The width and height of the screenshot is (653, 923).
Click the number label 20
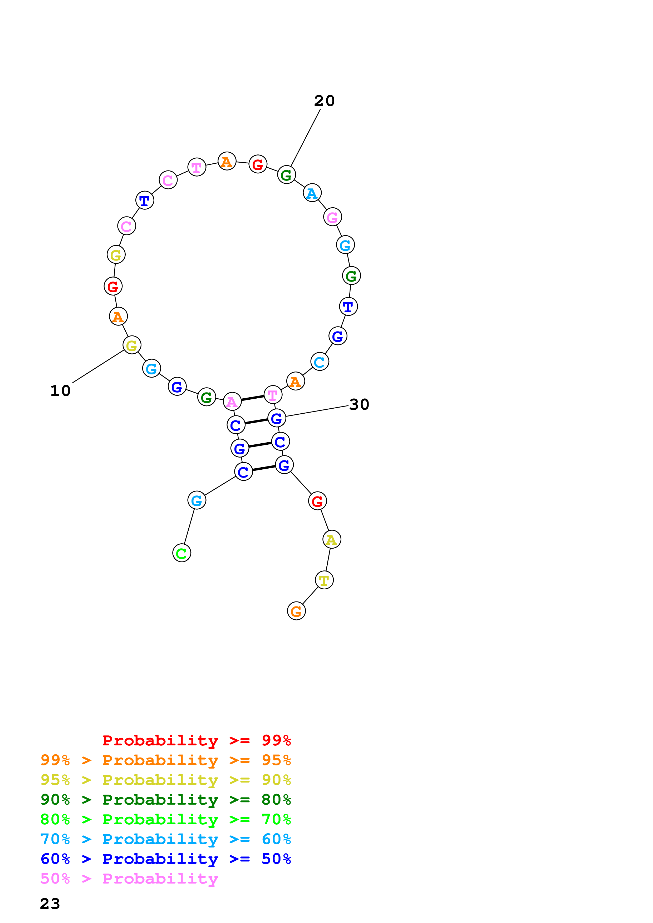click(x=324, y=101)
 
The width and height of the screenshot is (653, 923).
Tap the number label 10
click(x=60, y=391)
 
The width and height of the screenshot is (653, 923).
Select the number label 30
click(x=359, y=404)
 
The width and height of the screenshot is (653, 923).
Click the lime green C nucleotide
click(x=181, y=553)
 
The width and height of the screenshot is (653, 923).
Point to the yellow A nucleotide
click(x=332, y=539)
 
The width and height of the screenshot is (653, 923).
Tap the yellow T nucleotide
click(x=324, y=580)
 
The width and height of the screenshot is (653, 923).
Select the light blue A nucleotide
click(x=312, y=193)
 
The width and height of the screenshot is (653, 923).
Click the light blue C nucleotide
click(x=320, y=362)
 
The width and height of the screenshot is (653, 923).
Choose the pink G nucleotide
click(x=332, y=217)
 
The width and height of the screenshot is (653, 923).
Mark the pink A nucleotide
click(x=232, y=401)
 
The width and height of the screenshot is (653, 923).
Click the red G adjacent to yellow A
click(x=317, y=501)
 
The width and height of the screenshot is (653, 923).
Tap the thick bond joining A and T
click(x=252, y=398)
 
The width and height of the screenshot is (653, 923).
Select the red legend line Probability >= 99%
click(x=196, y=740)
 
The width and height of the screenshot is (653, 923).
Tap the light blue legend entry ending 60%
click(x=165, y=839)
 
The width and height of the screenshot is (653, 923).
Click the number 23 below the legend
click(x=50, y=903)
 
